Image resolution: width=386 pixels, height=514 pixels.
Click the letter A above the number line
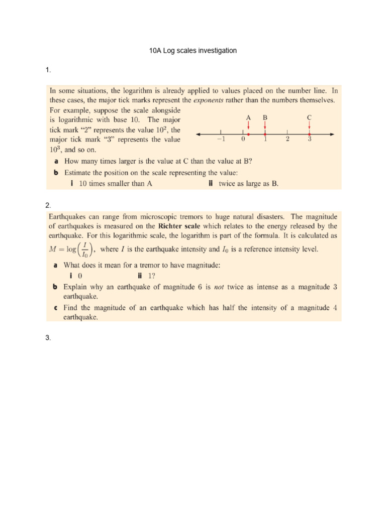pos(248,117)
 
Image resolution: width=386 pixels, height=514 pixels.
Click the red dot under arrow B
pos(265,134)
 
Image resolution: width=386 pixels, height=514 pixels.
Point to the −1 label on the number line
pos(221,140)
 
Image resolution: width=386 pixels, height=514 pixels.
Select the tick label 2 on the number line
pos(287,140)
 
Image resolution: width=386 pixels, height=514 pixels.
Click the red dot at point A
pos(248,134)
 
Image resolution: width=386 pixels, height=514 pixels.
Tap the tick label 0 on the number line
pos(243,140)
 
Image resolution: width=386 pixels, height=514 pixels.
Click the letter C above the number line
pos(309,117)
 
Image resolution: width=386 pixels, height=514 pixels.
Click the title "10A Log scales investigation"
pos(193,51)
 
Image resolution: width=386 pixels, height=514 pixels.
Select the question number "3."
pos(48,338)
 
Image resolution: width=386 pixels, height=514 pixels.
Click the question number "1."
pos(48,70)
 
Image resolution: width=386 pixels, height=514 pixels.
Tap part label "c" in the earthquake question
pos(55,308)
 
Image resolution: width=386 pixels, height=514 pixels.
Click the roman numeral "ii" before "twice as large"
pos(211,184)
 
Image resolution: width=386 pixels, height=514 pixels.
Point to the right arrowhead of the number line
pos(333,134)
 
